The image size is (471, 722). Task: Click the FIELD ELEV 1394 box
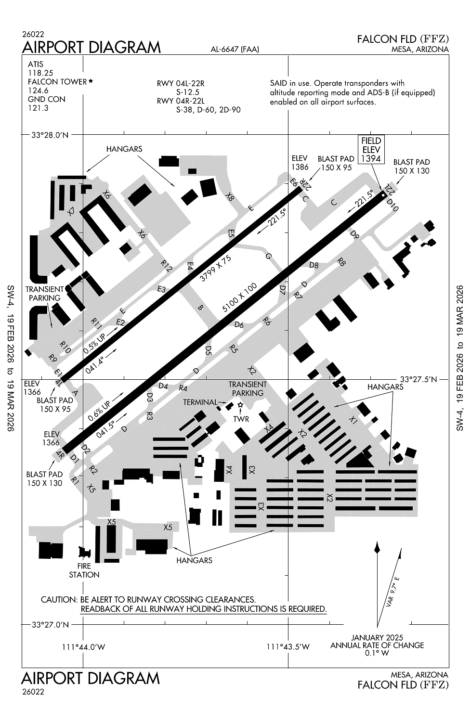pyautogui.click(x=371, y=150)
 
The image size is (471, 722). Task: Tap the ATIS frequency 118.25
pyautogui.click(x=38, y=73)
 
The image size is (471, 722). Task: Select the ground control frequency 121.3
pyautogui.click(x=38, y=108)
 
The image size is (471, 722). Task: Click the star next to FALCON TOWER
pyautogui.click(x=90, y=81)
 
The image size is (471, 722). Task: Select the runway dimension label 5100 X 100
pyautogui.click(x=240, y=299)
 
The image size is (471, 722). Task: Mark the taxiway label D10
pyautogui.click(x=393, y=205)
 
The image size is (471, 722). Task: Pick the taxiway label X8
pyautogui.click(x=230, y=196)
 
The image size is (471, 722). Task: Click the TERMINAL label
pyautogui.click(x=200, y=402)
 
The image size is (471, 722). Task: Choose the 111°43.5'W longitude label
pyautogui.click(x=288, y=647)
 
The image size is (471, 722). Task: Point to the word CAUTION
pyautogui.click(x=58, y=600)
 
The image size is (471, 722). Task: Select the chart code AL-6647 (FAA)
pyautogui.click(x=235, y=49)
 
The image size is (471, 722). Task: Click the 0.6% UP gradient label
pyautogui.click(x=99, y=409)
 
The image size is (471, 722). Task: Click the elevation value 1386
pyautogui.click(x=300, y=167)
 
